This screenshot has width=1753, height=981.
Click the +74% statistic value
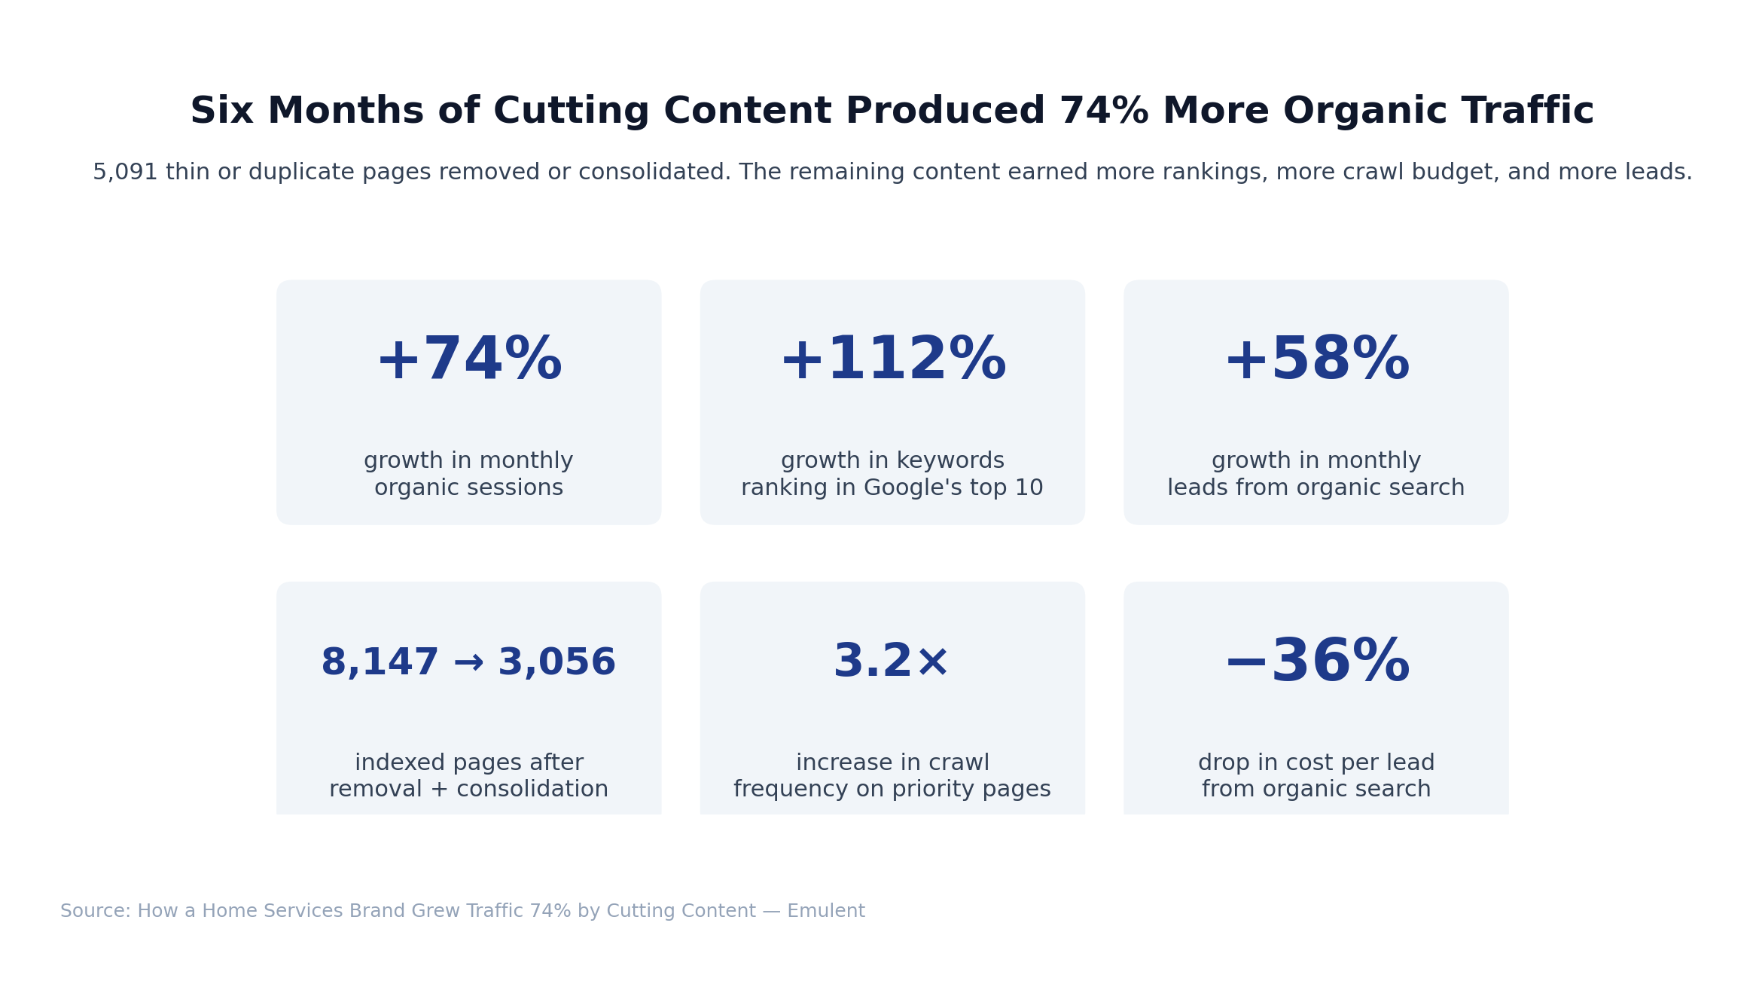(x=468, y=360)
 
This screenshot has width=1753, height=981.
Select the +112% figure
(x=892, y=360)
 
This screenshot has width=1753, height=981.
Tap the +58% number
(x=1316, y=360)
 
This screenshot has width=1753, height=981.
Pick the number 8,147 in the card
(x=380, y=663)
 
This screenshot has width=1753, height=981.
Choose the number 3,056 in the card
(x=556, y=663)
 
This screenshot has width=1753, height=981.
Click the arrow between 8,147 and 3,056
(x=468, y=663)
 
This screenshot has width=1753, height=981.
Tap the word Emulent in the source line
(x=826, y=911)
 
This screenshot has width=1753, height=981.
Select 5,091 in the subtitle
(x=125, y=173)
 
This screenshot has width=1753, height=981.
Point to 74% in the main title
(x=1103, y=112)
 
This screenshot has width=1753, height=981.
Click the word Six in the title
(x=221, y=112)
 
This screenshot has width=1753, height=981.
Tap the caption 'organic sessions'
(x=468, y=488)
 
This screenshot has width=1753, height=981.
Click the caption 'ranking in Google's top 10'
(x=892, y=488)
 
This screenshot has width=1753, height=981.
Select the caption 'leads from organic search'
(x=1316, y=488)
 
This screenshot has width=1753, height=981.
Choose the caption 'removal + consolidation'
(x=468, y=790)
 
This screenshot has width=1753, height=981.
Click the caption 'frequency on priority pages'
(x=892, y=790)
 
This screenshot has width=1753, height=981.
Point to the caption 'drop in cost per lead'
(x=1316, y=762)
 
